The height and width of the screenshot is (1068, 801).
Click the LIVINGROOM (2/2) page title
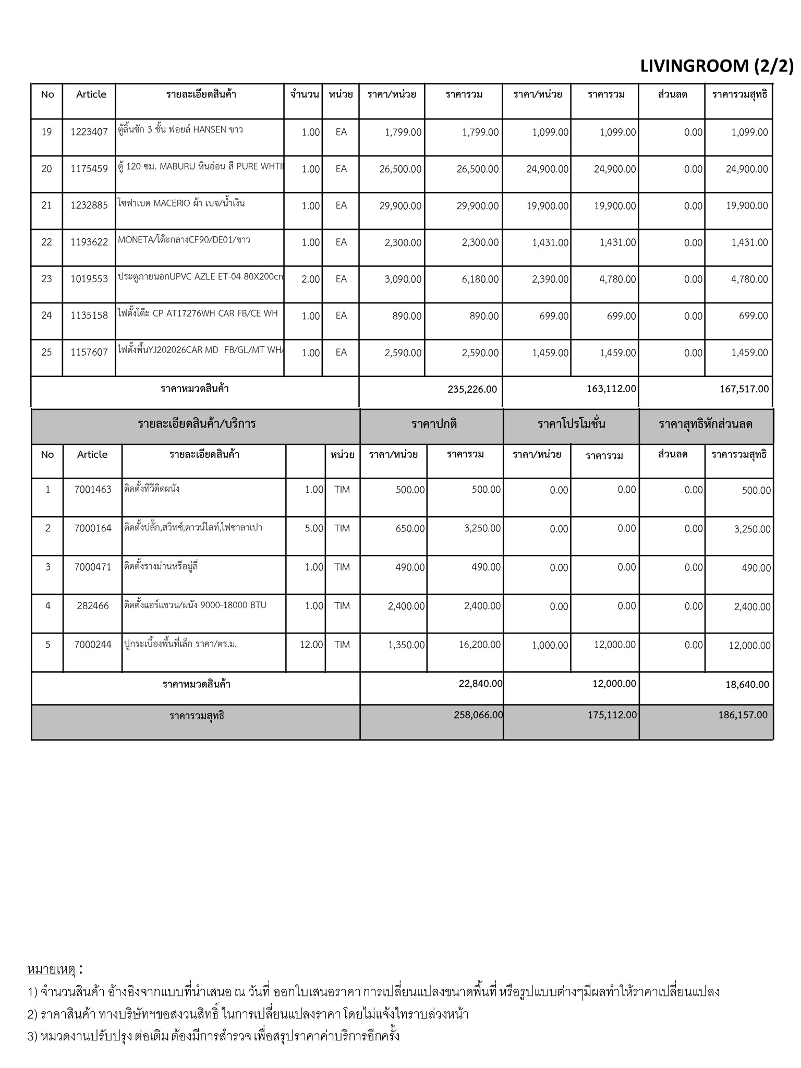(717, 66)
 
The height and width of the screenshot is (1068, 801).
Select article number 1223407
(89, 132)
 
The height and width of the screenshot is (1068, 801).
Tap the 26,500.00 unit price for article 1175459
(400, 169)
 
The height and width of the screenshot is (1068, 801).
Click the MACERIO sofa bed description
(181, 203)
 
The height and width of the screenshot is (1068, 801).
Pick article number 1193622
(89, 242)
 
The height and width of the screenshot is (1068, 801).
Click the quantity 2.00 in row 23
(310, 279)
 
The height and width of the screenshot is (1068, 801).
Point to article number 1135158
(89, 315)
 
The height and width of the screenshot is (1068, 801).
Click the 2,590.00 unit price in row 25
(403, 353)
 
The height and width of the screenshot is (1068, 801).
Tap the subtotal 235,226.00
(472, 389)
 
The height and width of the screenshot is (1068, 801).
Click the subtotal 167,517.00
(744, 389)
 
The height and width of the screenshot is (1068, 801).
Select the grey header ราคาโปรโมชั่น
(571, 424)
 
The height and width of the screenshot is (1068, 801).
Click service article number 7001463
(93, 490)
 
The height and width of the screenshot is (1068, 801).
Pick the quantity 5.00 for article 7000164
(314, 528)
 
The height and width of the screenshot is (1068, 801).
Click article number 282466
(93, 606)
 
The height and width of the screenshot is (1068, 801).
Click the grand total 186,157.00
(743, 715)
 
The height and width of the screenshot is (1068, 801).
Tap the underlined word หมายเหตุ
(52, 970)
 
